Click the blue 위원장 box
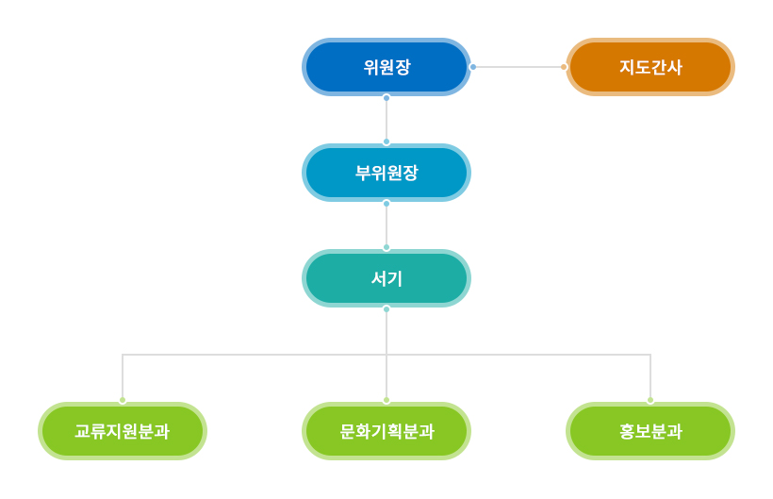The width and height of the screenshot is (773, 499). pyautogui.click(x=386, y=67)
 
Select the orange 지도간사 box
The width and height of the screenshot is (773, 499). pyautogui.click(x=650, y=67)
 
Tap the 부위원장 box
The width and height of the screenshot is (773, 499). pyautogui.click(x=386, y=173)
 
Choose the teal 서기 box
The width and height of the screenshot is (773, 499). pyautogui.click(x=386, y=278)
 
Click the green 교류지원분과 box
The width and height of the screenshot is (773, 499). pyautogui.click(x=123, y=431)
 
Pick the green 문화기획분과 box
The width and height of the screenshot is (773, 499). pyautogui.click(x=386, y=431)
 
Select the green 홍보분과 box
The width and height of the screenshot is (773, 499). pyautogui.click(x=650, y=431)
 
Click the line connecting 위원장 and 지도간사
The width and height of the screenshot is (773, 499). pyautogui.click(x=518, y=67)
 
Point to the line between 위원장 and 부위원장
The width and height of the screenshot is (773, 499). pyautogui.click(x=386, y=120)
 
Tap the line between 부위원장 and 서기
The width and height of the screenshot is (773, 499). pyautogui.click(x=386, y=225)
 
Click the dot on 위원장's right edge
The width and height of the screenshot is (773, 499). pyautogui.click(x=473, y=67)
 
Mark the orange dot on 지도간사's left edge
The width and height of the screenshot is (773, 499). pyautogui.click(x=564, y=67)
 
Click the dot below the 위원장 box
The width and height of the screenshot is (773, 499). pyautogui.click(x=386, y=98)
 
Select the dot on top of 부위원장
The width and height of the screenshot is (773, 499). pyautogui.click(x=386, y=142)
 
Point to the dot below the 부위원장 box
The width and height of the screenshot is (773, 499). pyautogui.click(x=386, y=203)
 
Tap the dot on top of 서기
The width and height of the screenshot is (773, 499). pyautogui.click(x=386, y=247)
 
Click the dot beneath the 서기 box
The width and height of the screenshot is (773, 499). pyautogui.click(x=386, y=309)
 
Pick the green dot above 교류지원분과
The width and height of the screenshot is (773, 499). pyautogui.click(x=123, y=400)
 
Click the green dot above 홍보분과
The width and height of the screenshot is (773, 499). pyautogui.click(x=650, y=400)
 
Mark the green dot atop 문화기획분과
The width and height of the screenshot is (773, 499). pyautogui.click(x=386, y=400)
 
